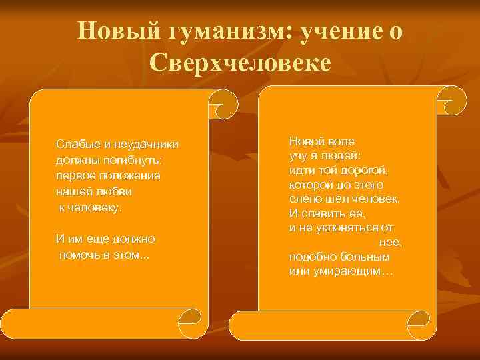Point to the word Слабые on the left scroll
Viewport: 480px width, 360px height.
[75, 145]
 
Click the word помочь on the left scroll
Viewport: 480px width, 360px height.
[77, 254]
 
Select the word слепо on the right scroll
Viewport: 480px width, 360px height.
[305, 199]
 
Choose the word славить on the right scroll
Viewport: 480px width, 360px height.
[327, 213]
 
